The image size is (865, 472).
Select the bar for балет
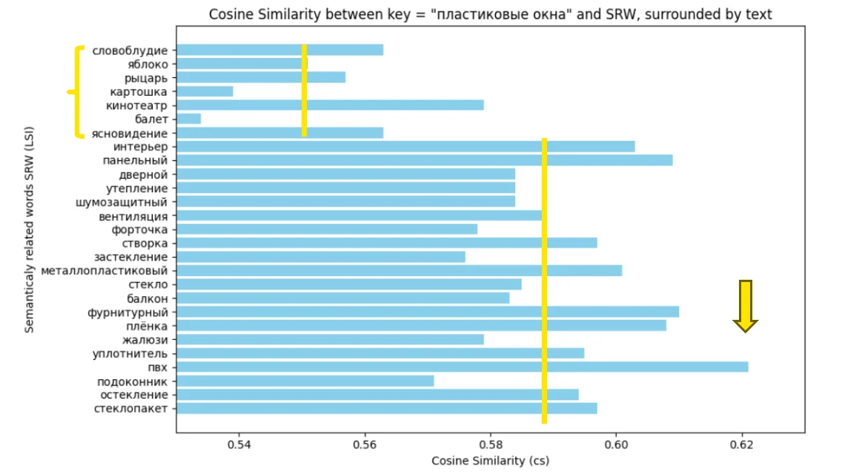point(189,119)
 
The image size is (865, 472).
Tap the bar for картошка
point(205,91)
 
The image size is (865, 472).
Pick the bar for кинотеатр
point(331,105)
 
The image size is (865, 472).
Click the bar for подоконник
point(305,381)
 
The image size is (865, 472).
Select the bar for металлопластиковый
point(399,270)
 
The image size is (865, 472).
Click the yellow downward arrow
point(745,305)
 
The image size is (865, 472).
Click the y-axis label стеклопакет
point(130,408)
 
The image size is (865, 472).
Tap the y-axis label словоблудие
point(130,50)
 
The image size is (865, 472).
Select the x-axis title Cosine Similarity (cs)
point(490,460)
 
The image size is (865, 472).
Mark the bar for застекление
point(321,257)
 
